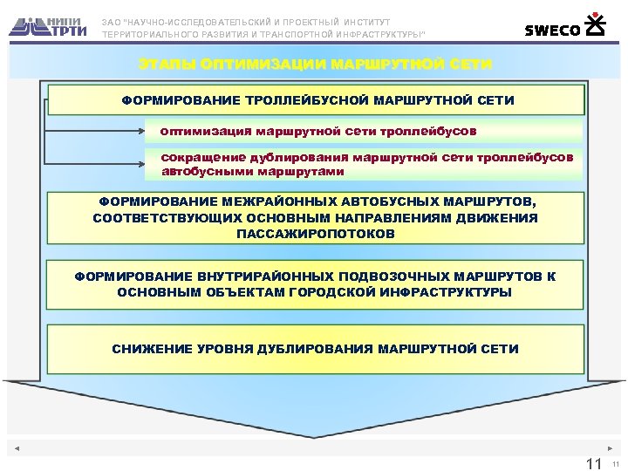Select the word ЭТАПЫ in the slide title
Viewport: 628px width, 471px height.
tap(167, 65)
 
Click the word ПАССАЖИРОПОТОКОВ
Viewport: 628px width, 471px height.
tap(315, 234)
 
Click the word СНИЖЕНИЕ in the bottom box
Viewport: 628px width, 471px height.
tap(147, 349)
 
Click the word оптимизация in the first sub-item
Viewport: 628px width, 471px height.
tap(203, 131)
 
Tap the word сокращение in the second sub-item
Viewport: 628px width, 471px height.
tap(202, 158)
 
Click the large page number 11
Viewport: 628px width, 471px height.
tap(595, 462)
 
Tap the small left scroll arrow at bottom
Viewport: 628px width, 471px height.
tap(17, 448)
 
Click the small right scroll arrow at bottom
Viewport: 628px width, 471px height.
tap(610, 448)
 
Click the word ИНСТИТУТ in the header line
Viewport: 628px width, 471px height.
tap(366, 21)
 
